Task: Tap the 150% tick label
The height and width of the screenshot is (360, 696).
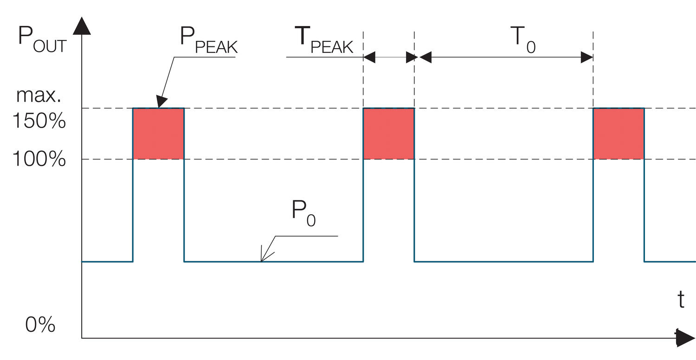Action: (39, 122)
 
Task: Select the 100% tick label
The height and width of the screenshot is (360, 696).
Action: (39, 160)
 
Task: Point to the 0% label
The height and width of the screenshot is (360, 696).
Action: (40, 325)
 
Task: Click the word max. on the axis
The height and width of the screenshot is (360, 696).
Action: (39, 96)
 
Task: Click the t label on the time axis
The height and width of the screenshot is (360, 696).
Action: (681, 300)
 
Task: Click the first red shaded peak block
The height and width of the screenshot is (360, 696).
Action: (159, 134)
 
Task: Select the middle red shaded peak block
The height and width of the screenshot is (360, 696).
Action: (388, 134)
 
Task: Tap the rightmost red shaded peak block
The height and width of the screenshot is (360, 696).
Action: (619, 134)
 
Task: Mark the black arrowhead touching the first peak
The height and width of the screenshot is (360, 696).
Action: (161, 102)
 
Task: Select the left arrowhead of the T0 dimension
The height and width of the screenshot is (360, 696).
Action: (425, 58)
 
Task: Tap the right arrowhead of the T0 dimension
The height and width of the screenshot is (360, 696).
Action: (587, 58)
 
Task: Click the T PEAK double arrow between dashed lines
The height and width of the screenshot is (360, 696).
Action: (388, 58)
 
